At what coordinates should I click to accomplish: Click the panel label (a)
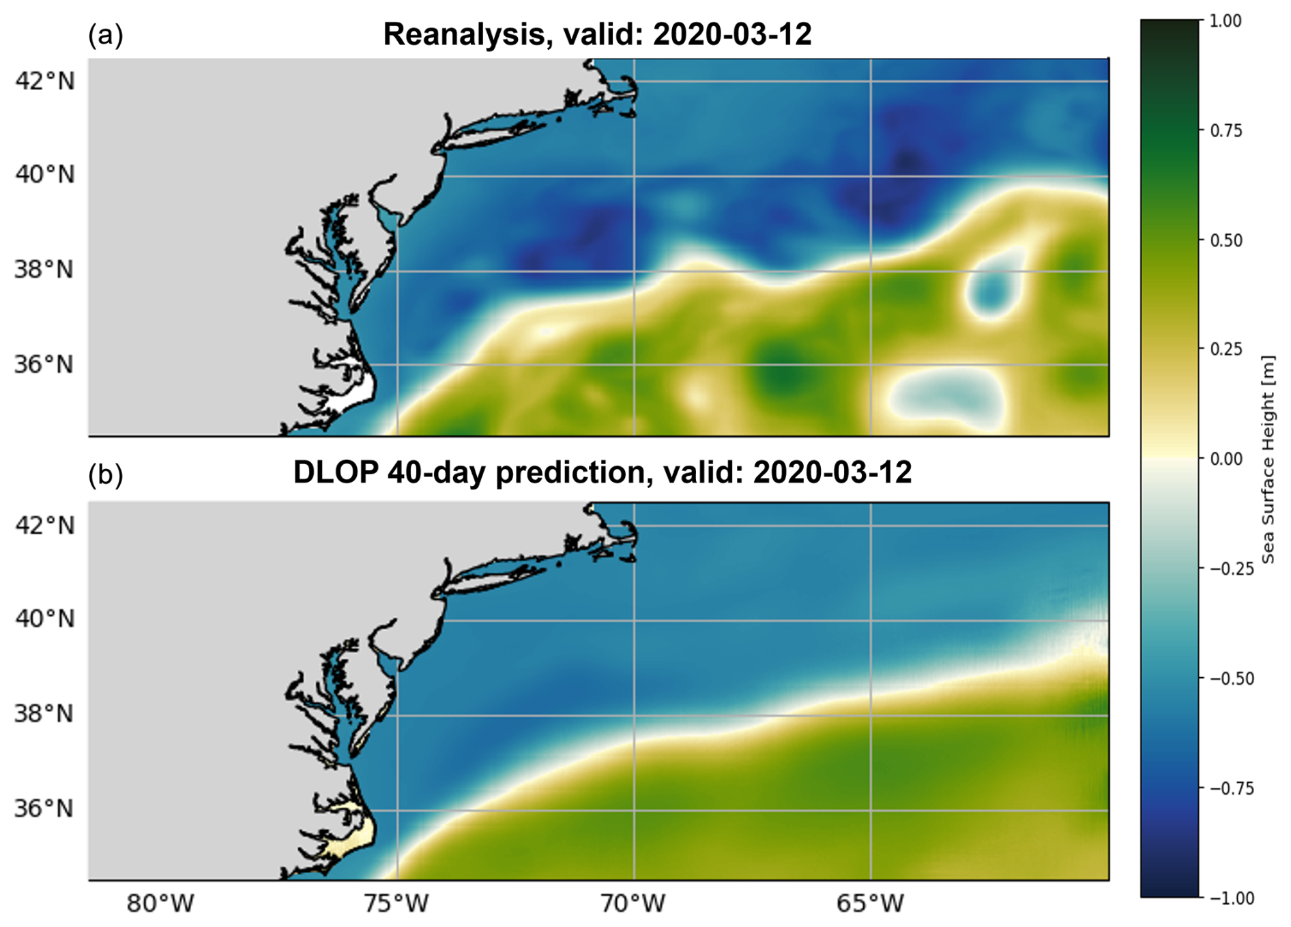[106, 35]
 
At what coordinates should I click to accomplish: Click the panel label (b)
[106, 474]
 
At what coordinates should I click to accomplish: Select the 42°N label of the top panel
[45, 81]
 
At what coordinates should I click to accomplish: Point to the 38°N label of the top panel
[45, 270]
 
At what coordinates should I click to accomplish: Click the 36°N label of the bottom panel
[45, 809]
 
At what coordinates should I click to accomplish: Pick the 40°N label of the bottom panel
[45, 619]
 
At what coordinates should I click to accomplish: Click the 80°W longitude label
[160, 904]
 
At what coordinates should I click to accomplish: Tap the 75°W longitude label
[396, 904]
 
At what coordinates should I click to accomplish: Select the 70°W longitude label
[633, 904]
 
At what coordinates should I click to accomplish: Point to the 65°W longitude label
[870, 904]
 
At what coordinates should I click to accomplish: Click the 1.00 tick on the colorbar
[1225, 21]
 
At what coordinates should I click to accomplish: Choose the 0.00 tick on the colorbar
[1225, 459]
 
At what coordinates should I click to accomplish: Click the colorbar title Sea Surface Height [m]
[1268, 459]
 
